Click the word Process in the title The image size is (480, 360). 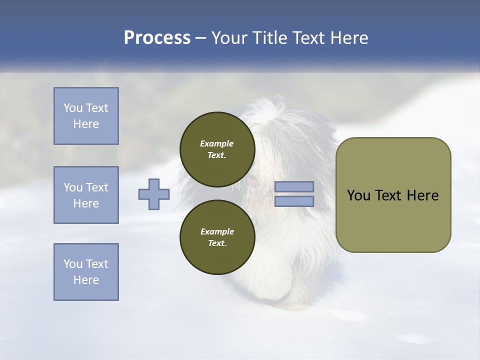[x=157, y=38]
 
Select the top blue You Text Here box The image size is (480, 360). [x=86, y=116]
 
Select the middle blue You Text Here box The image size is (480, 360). [x=86, y=195]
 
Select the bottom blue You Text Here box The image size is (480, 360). [x=86, y=271]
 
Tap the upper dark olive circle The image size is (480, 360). [x=217, y=149]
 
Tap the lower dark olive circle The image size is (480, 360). [x=217, y=237]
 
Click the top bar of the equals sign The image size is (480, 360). [x=294, y=187]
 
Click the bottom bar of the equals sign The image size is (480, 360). [x=294, y=201]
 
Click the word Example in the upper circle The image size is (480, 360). [x=216, y=143]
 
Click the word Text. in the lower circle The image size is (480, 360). [x=216, y=243]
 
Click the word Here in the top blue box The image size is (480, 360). [x=86, y=124]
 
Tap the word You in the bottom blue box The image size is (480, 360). [x=73, y=264]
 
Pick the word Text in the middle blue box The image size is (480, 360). [x=96, y=187]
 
